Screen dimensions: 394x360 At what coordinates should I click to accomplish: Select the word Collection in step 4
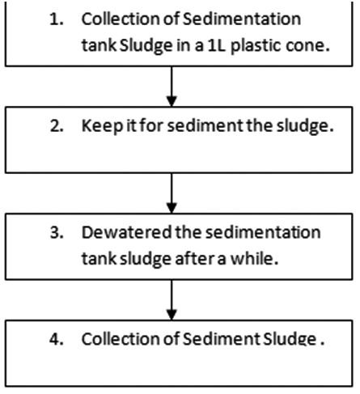click(x=117, y=338)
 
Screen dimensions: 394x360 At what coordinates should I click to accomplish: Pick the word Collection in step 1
click(x=117, y=19)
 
